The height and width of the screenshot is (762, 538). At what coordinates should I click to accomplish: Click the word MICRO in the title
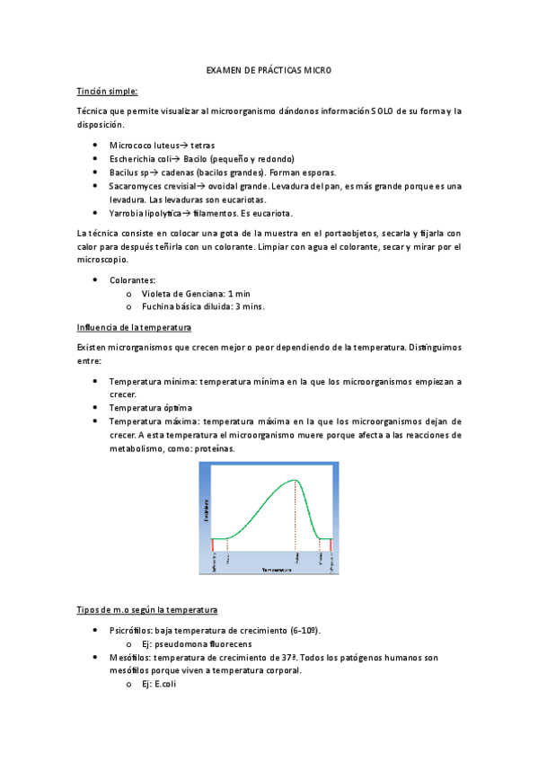pos(315,69)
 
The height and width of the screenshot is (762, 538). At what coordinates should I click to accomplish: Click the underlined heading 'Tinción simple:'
pos(107,90)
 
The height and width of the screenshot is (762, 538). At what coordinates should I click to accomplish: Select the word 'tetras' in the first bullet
pos(202,145)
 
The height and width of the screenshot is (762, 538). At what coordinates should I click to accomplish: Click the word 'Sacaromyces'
pos(137,186)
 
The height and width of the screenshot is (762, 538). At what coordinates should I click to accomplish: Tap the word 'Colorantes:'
pos(133,279)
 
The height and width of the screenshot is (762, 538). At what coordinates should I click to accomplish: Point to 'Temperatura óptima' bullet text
pos(150,408)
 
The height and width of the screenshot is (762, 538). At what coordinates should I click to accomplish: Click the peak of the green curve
pos(295,481)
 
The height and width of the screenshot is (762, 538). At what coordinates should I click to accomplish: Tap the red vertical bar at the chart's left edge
pos(213,545)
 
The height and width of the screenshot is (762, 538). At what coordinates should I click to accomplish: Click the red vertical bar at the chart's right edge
pos(331,545)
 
